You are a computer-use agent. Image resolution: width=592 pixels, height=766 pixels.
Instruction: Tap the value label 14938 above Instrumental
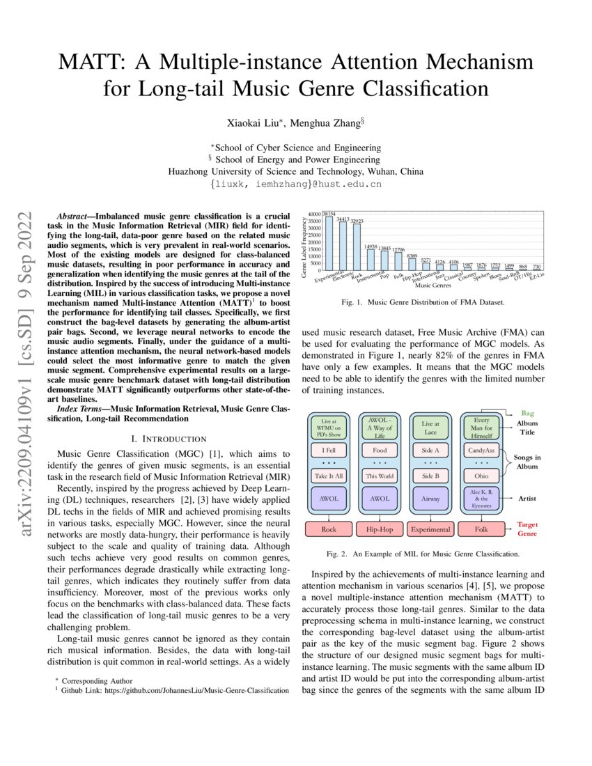tap(371, 246)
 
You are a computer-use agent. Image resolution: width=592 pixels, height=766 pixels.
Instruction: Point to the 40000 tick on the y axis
tap(314, 214)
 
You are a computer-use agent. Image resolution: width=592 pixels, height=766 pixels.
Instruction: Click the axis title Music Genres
tap(432, 286)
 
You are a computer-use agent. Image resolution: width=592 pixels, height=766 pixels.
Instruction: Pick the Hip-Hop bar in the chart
tap(412, 265)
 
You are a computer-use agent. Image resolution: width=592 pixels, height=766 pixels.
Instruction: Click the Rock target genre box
tap(328, 529)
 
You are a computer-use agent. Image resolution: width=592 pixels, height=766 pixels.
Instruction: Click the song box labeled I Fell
tap(328, 451)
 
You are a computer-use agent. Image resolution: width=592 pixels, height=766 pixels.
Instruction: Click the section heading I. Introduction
tap(169, 439)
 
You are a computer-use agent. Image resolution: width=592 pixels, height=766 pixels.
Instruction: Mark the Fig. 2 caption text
tap(422, 555)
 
